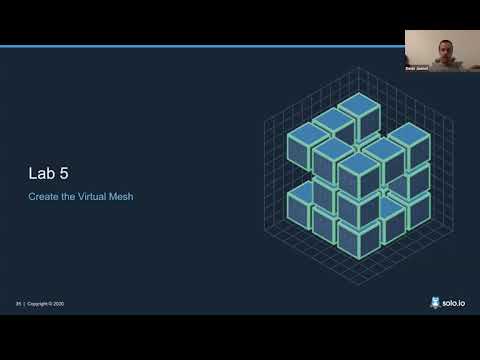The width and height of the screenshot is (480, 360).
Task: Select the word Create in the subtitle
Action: [x=44, y=197]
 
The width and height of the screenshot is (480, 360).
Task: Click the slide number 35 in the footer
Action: [x=18, y=303]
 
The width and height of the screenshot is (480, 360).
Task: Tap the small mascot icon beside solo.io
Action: [x=435, y=301]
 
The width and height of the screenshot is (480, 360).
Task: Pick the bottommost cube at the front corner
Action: [x=358, y=236]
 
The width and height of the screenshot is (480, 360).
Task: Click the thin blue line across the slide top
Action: [x=200, y=46]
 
